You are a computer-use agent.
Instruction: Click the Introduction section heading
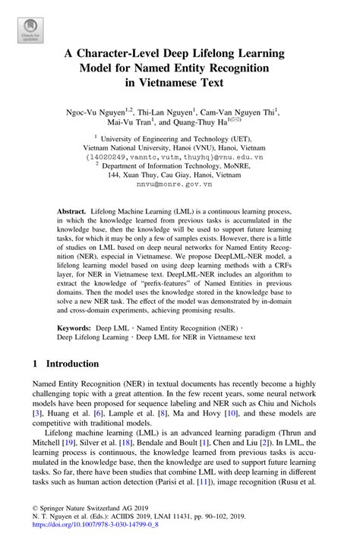tap(74, 364)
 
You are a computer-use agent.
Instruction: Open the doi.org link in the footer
tap(84, 535)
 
